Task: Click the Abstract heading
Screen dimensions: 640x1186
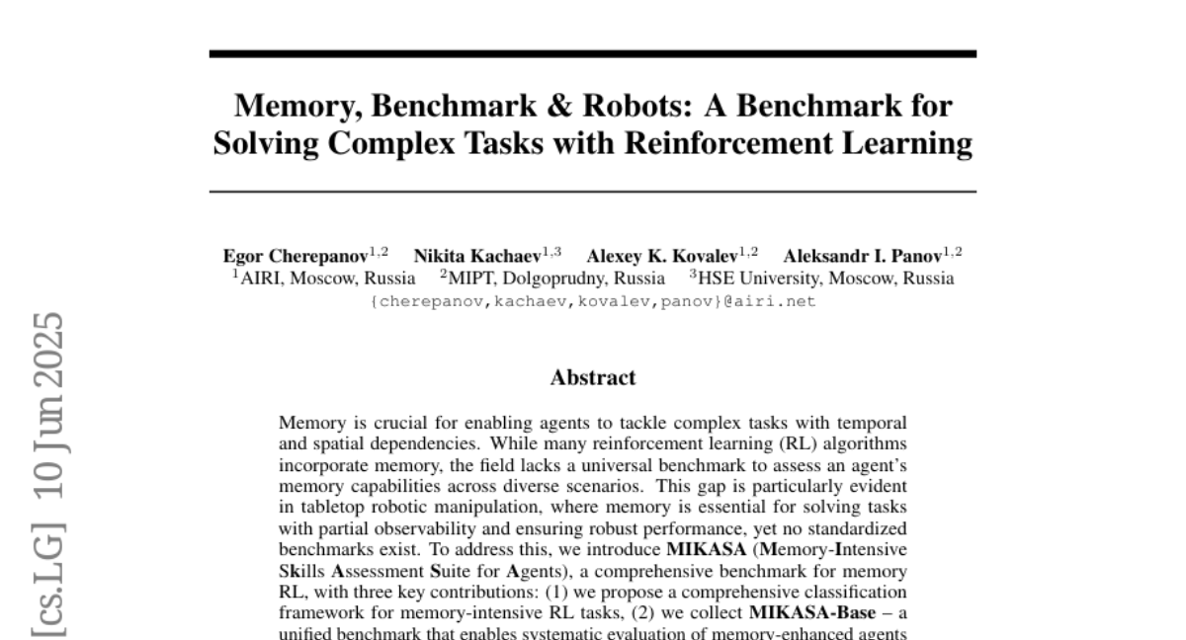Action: coord(592,377)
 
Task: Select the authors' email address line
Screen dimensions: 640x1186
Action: coord(593,301)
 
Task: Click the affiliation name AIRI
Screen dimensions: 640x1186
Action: coord(258,278)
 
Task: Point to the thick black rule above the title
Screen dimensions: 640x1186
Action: coord(592,53)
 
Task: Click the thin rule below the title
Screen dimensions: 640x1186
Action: coord(592,191)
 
